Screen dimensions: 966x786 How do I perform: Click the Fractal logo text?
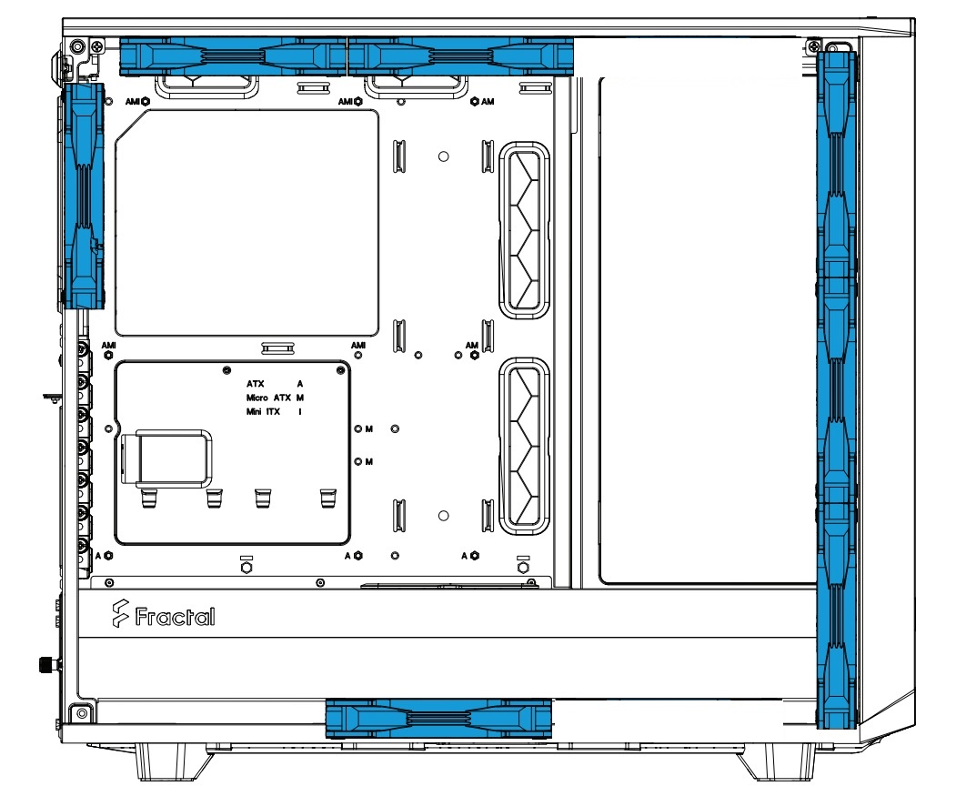tap(175, 617)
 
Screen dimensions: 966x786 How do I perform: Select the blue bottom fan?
tap(438, 719)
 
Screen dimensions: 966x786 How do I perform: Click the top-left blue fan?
tap(233, 56)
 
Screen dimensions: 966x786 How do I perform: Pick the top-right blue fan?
tap(461, 56)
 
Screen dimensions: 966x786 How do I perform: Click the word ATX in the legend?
tap(255, 384)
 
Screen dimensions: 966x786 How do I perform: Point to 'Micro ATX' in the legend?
tap(268, 398)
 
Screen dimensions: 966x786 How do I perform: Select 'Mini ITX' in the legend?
tap(263, 411)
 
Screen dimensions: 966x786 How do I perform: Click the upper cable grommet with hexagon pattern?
tap(524, 230)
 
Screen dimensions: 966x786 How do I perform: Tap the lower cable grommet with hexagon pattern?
tap(524, 447)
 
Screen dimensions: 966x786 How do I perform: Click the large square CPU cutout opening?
tap(247, 223)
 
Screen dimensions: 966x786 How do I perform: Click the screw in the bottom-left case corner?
tap(81, 713)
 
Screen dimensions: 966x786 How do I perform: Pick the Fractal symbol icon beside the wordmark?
tap(120, 615)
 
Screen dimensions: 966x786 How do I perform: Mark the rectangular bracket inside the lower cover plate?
tap(167, 457)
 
